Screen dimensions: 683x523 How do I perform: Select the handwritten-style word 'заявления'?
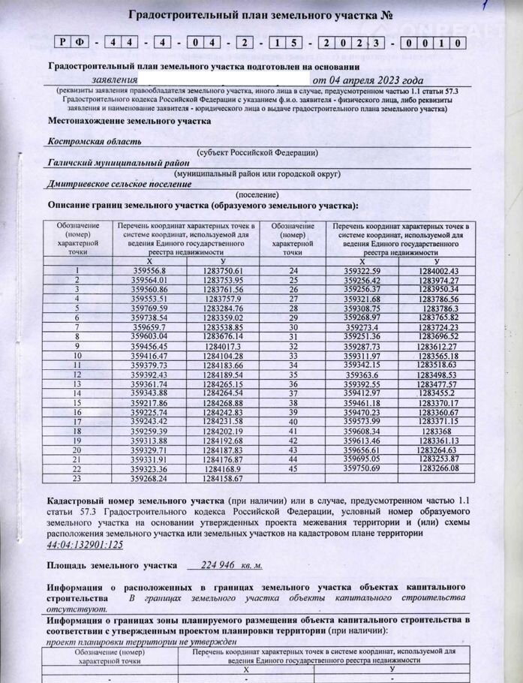(x=114, y=80)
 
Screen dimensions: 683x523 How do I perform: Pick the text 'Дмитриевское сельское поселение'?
(x=119, y=183)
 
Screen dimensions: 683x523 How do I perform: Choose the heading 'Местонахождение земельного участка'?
(x=129, y=121)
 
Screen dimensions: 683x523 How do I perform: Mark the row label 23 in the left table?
(x=77, y=477)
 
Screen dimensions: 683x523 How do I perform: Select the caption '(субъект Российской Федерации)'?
(x=257, y=152)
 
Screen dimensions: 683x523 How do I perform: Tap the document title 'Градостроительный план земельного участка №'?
(x=261, y=15)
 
